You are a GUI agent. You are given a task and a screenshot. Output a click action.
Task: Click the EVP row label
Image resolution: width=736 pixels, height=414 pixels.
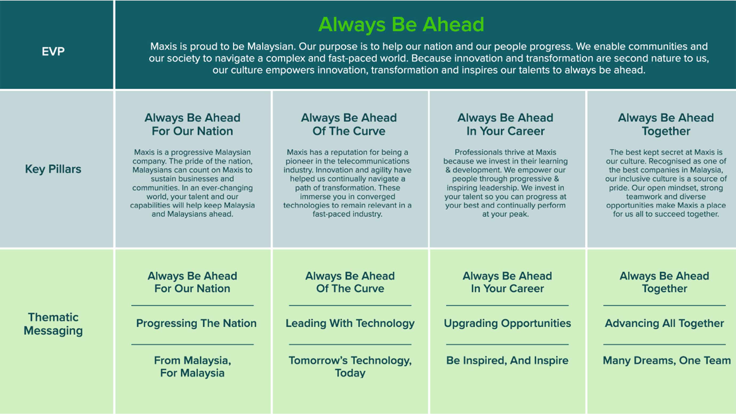click(53, 51)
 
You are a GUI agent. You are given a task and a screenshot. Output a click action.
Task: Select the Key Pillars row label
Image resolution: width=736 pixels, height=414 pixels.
click(53, 169)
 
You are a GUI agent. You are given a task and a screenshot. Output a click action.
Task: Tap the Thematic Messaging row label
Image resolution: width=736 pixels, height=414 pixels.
click(53, 324)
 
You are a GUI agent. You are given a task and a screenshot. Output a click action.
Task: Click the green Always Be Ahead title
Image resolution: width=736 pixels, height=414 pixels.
click(401, 25)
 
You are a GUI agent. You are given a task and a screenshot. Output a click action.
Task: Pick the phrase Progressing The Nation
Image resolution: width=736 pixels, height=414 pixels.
click(196, 323)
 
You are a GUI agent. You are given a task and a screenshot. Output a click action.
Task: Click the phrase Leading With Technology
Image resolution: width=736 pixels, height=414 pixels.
click(350, 323)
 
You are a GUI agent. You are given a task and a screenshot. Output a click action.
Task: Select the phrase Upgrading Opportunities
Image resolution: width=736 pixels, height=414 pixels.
click(507, 323)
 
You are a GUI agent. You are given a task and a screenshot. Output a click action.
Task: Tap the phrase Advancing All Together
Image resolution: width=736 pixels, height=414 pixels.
click(665, 323)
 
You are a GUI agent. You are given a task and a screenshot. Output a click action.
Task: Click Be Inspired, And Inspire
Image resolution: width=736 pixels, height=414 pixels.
click(507, 361)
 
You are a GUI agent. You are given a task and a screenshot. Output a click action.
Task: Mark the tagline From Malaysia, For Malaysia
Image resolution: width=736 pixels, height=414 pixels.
click(193, 367)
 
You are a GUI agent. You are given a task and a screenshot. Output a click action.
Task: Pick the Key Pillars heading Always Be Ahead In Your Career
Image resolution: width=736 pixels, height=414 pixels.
click(505, 124)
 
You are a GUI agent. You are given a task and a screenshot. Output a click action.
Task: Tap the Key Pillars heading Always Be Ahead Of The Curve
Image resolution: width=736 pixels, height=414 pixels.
click(349, 124)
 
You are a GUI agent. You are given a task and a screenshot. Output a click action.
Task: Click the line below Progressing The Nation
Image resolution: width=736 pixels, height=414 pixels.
click(193, 344)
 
